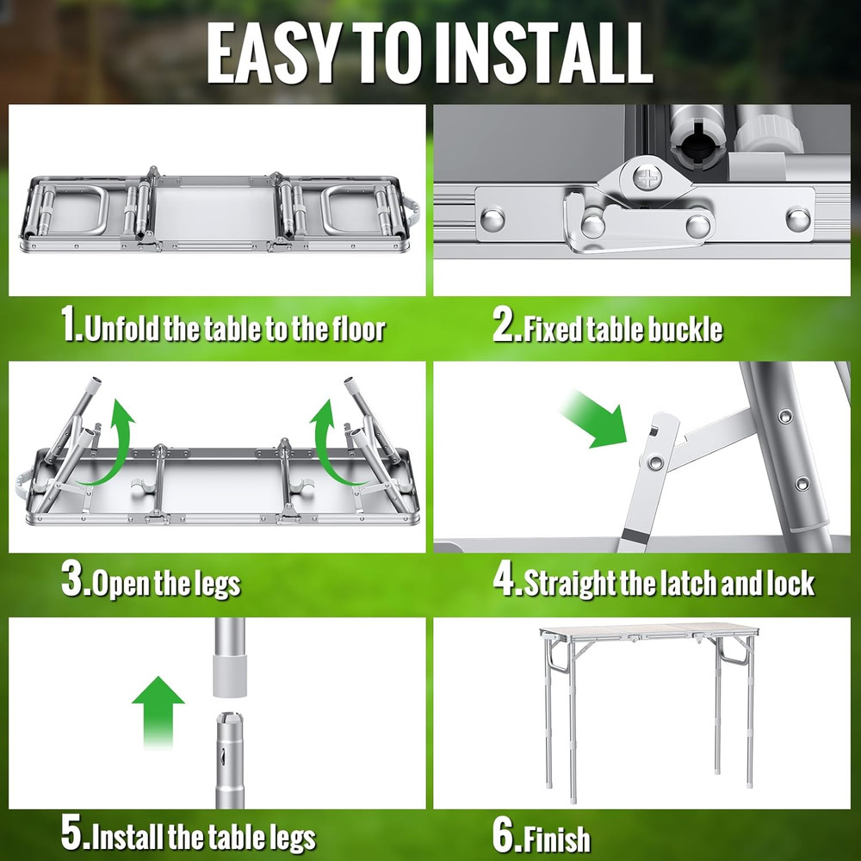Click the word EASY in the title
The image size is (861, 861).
269,53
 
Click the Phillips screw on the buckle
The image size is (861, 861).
647,180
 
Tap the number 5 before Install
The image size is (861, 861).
72,834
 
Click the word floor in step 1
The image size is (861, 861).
353,328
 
